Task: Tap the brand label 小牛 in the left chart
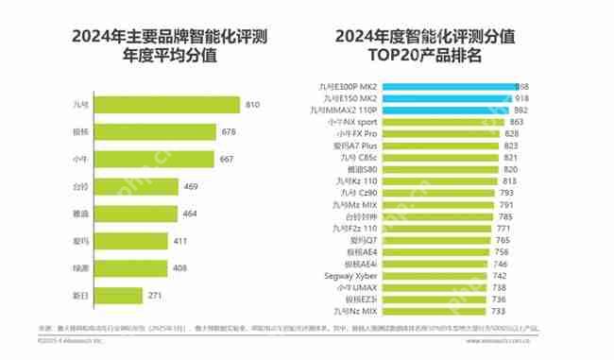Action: pos(81,159)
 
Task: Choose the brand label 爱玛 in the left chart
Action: pos(81,241)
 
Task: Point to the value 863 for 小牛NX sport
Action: pos(516,122)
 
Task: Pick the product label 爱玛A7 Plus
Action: pos(356,146)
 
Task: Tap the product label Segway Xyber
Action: pos(355,275)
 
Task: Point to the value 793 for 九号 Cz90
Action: pos(506,193)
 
